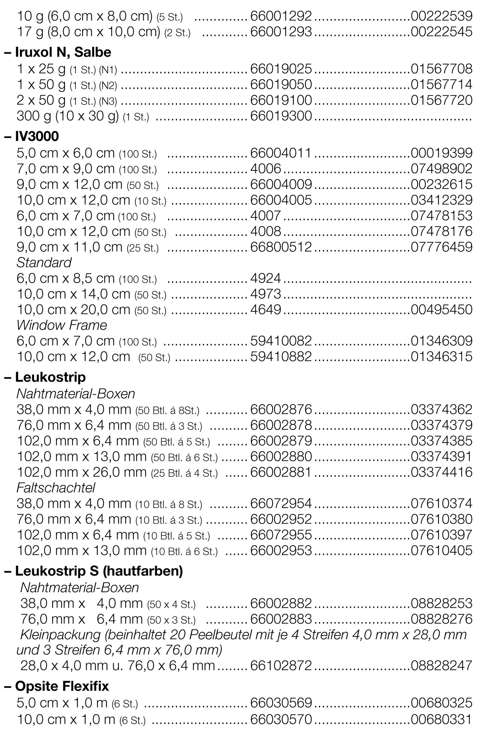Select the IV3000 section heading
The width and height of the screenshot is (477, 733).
(x=37, y=136)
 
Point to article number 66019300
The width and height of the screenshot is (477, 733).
(x=281, y=116)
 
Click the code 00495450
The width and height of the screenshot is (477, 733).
(x=441, y=310)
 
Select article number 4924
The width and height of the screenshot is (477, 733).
(x=266, y=278)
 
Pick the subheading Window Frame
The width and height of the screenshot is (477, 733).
(x=62, y=325)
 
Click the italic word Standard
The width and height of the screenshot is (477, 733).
(x=44, y=263)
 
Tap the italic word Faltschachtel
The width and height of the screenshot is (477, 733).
(x=56, y=487)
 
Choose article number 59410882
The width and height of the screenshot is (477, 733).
(x=281, y=357)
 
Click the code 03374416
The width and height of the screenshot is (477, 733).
(x=441, y=472)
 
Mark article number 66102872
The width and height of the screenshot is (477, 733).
(x=281, y=666)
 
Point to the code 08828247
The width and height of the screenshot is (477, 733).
(x=441, y=666)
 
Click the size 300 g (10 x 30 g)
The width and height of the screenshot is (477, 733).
(x=68, y=116)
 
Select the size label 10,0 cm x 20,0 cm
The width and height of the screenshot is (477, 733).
(x=73, y=310)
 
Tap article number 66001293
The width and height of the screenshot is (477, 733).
(x=281, y=32)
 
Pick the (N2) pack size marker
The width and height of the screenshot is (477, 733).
(x=108, y=85)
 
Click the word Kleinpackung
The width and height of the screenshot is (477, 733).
(x=61, y=634)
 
